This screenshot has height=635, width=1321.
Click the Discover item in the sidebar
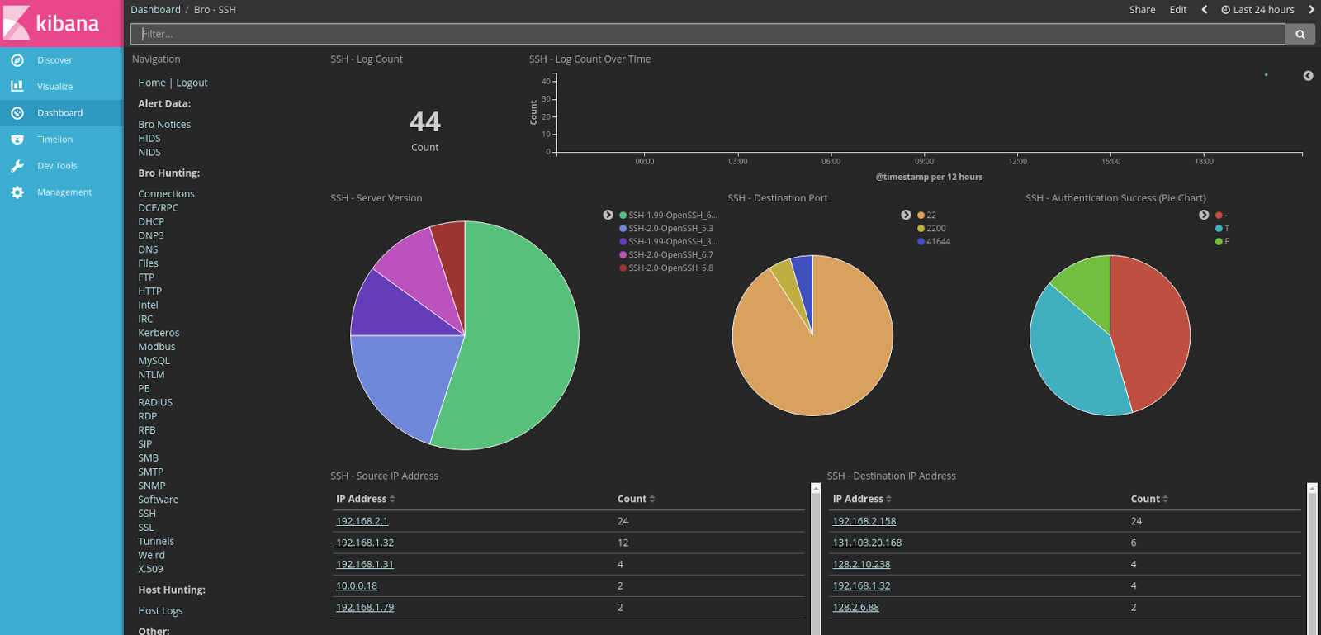[x=54, y=60]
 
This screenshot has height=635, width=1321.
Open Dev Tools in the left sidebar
[x=56, y=166]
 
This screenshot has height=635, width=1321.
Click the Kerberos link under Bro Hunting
[x=159, y=333]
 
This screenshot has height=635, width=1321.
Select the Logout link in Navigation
[x=192, y=83]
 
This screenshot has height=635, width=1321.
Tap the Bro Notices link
[x=164, y=125]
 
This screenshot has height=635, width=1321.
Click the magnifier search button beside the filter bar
[x=1300, y=34]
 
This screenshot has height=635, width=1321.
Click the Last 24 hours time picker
[x=1257, y=10]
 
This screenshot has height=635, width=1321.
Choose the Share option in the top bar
[x=1142, y=10]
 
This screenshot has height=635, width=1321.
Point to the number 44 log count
[x=424, y=122]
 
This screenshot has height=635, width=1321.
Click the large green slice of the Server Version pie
[x=520, y=339]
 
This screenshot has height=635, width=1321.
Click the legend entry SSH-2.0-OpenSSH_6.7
[x=670, y=255]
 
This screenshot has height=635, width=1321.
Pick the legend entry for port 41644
[x=938, y=242]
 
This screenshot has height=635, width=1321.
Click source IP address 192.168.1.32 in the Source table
[x=365, y=543]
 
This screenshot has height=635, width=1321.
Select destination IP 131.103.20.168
[x=867, y=543]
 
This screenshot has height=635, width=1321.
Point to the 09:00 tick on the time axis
[x=924, y=161]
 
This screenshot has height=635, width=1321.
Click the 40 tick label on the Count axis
[x=546, y=81]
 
